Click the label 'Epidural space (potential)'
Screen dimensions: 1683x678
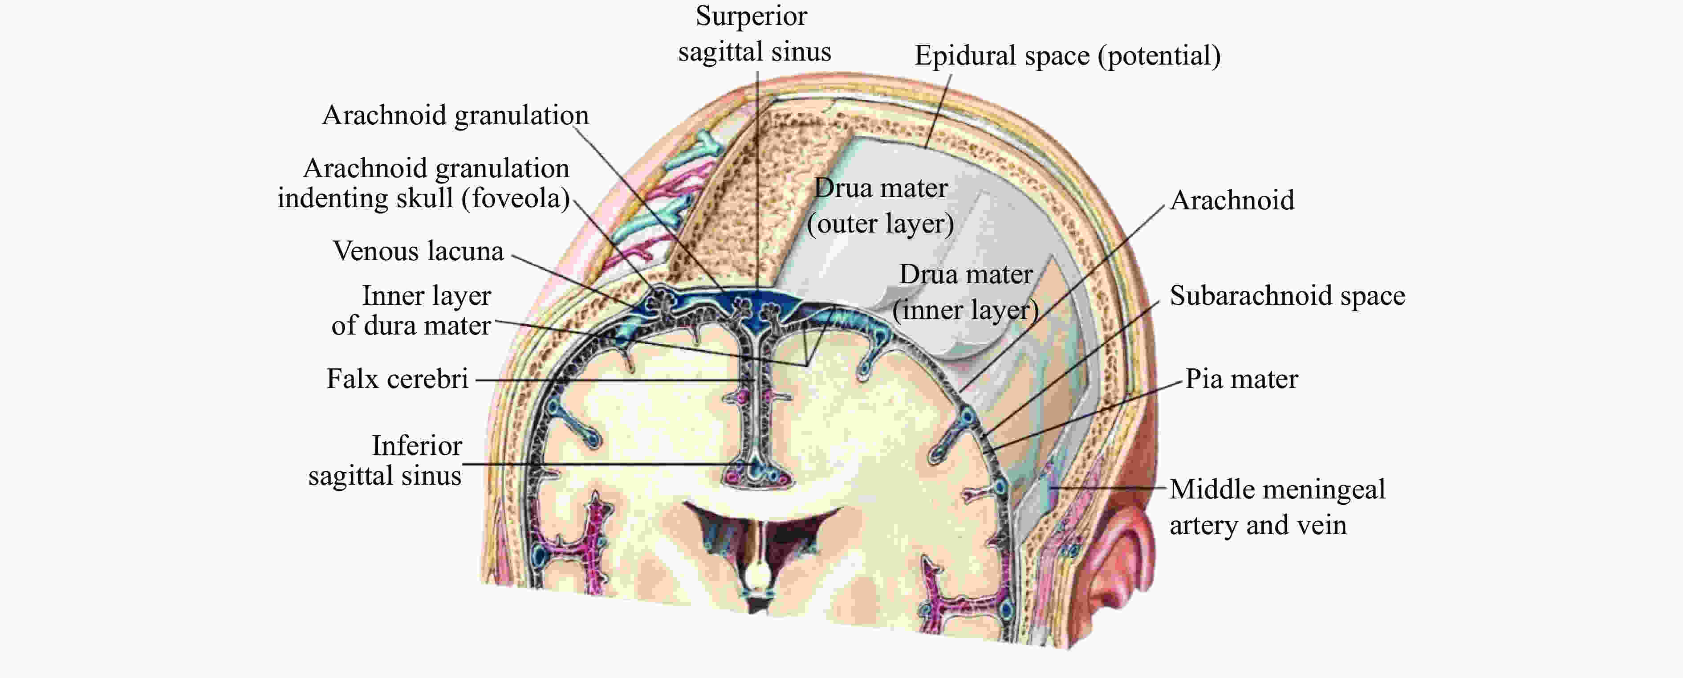point(1068,56)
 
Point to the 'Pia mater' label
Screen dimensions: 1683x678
point(1241,379)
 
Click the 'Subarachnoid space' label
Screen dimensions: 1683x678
point(1287,295)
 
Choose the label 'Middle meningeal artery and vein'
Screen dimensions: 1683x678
point(1277,506)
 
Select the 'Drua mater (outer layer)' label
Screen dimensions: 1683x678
point(881,206)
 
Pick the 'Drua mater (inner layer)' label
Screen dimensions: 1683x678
point(966,292)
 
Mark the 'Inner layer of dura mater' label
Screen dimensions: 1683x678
point(411,310)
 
